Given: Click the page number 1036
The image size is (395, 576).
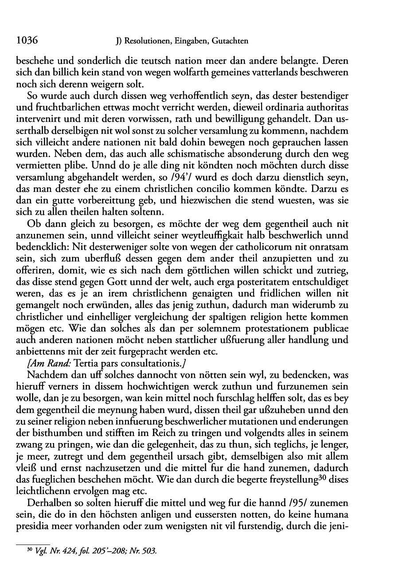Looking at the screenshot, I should (26, 41).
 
